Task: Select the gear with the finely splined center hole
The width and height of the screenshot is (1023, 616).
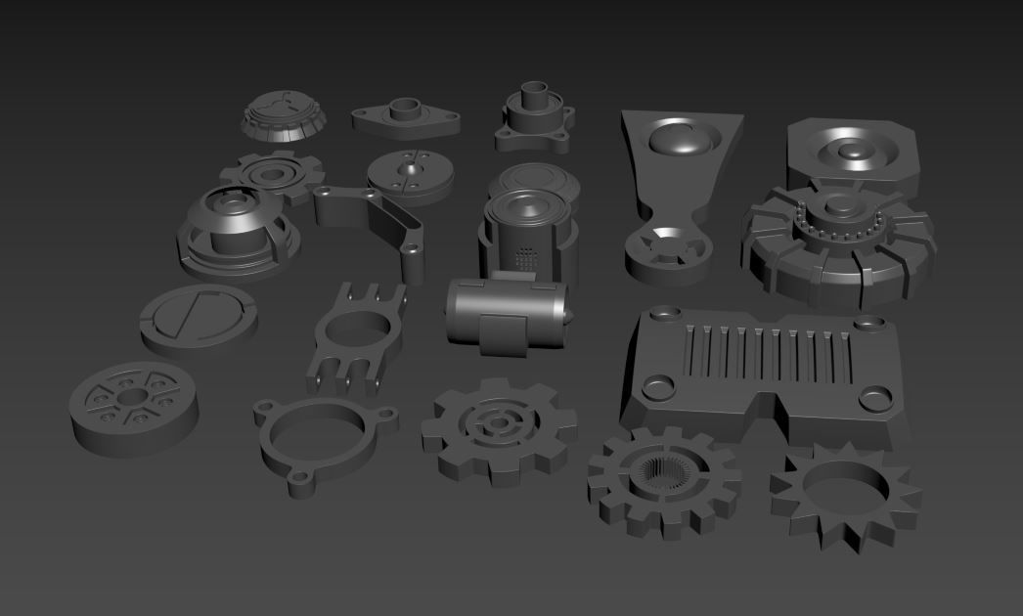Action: pyautogui.click(x=663, y=480)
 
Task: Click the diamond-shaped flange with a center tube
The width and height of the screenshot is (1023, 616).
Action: pyautogui.click(x=405, y=116)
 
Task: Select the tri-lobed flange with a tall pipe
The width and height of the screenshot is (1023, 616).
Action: pyautogui.click(x=534, y=118)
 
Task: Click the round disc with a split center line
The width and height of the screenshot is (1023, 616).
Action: pyautogui.click(x=412, y=174)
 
